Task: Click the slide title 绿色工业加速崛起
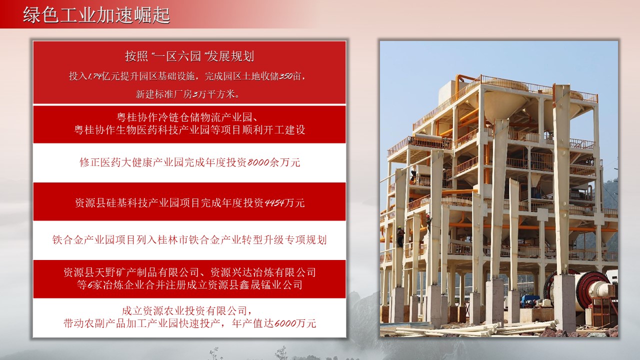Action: coord(96,15)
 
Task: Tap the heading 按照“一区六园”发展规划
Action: coord(189,56)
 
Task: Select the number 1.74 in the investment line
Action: coord(94,76)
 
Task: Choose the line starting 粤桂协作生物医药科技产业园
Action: coord(189,130)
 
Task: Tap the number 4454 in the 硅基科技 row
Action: coord(274,203)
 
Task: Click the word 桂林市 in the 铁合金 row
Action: coord(172,240)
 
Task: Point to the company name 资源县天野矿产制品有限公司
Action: coord(131,272)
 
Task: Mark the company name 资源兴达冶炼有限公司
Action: coord(263,272)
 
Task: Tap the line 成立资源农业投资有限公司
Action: coord(187,311)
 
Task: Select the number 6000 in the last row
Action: coord(285,323)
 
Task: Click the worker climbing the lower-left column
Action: coord(400,236)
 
